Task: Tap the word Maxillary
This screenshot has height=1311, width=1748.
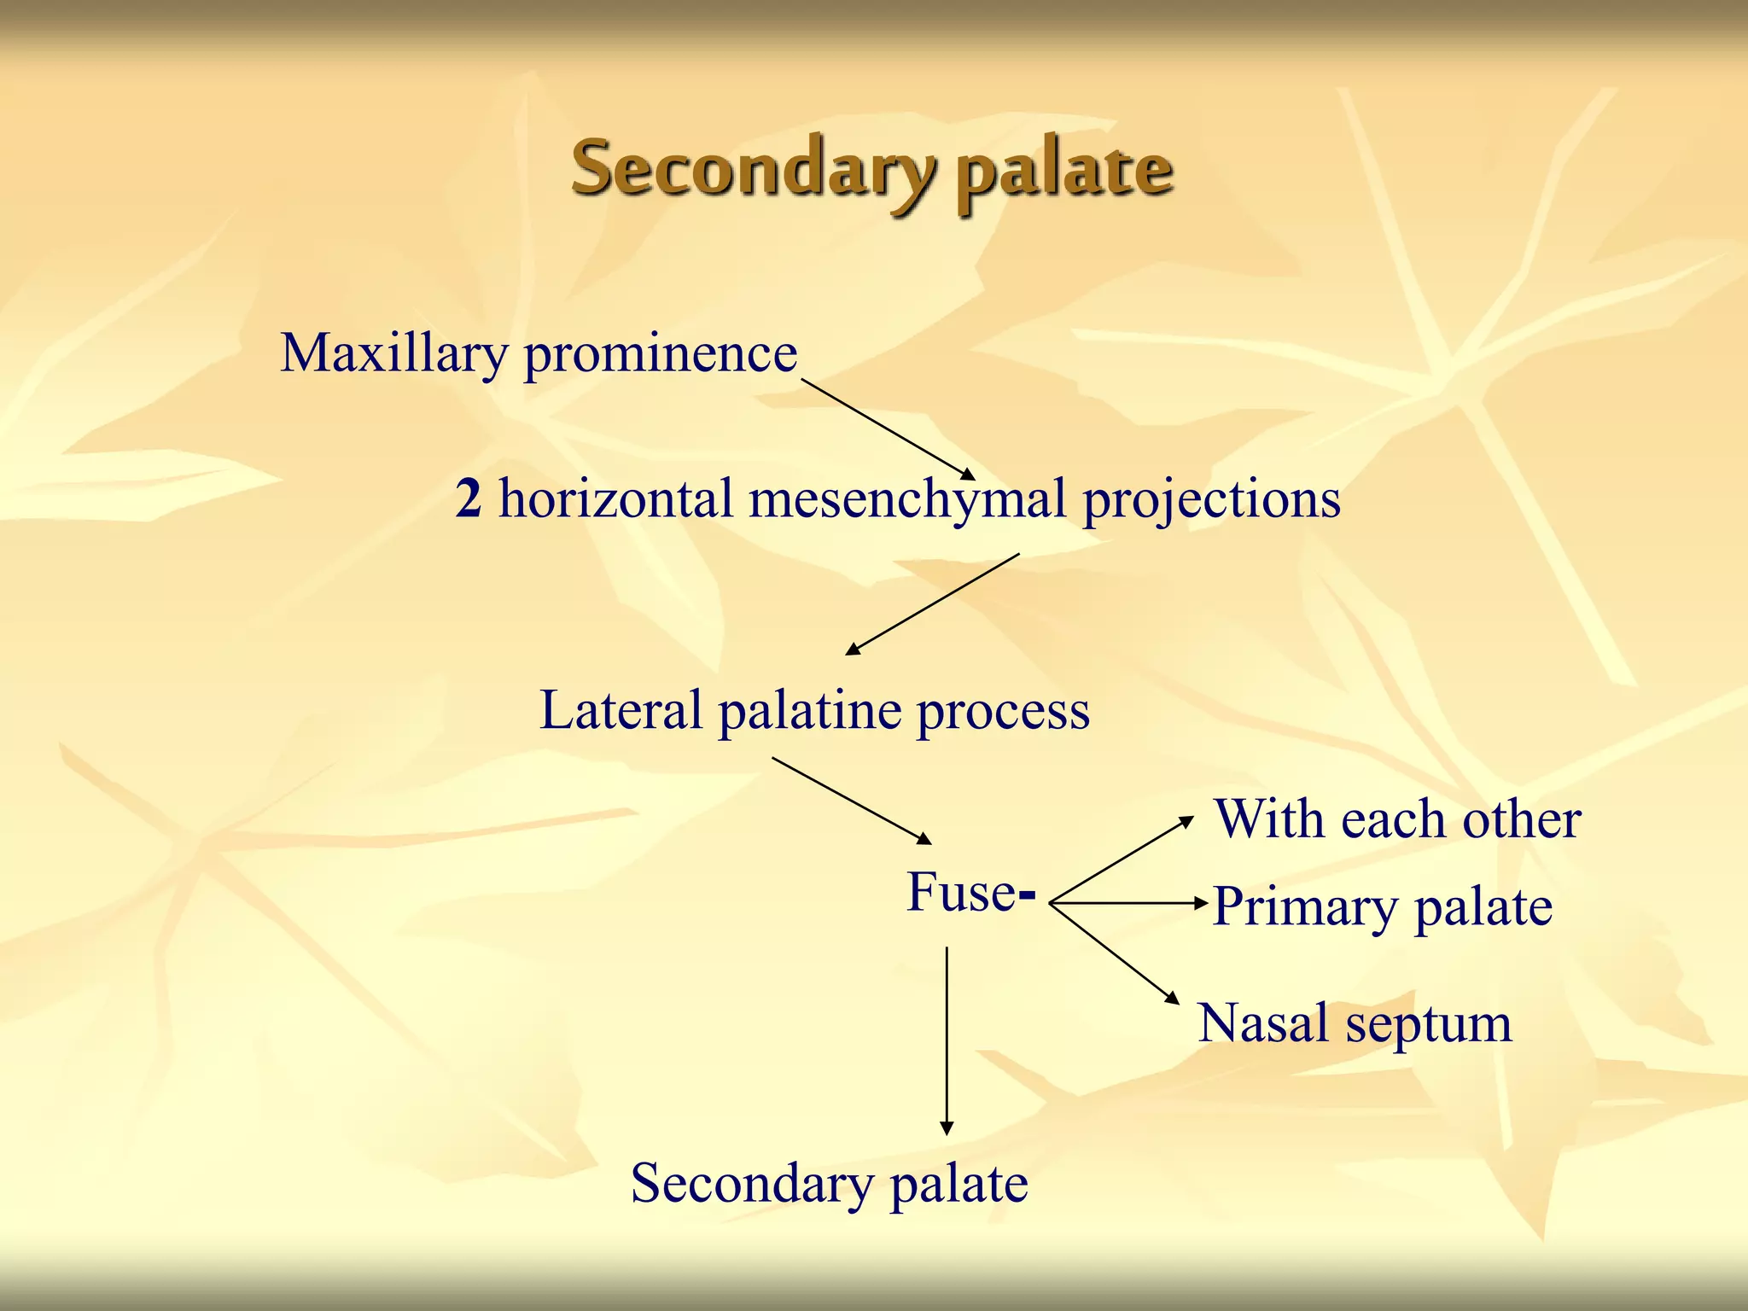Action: (393, 353)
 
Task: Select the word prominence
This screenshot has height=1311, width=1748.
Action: (660, 353)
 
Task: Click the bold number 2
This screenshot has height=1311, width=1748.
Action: (469, 498)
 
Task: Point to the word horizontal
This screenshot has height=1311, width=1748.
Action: (615, 498)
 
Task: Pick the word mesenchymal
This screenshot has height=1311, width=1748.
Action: (907, 500)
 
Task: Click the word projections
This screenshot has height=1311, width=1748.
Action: (1211, 500)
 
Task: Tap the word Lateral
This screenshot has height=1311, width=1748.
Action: (621, 710)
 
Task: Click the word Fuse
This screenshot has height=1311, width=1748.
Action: (961, 893)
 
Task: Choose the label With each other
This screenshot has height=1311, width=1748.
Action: (1397, 819)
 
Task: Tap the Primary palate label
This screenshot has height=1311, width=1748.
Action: (1382, 906)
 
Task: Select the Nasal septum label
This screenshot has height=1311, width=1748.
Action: (1355, 1023)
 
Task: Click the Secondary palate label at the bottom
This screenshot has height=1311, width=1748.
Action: (829, 1184)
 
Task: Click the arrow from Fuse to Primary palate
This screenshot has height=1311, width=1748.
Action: (1127, 902)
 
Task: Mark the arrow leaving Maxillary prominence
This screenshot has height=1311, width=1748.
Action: (888, 429)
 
